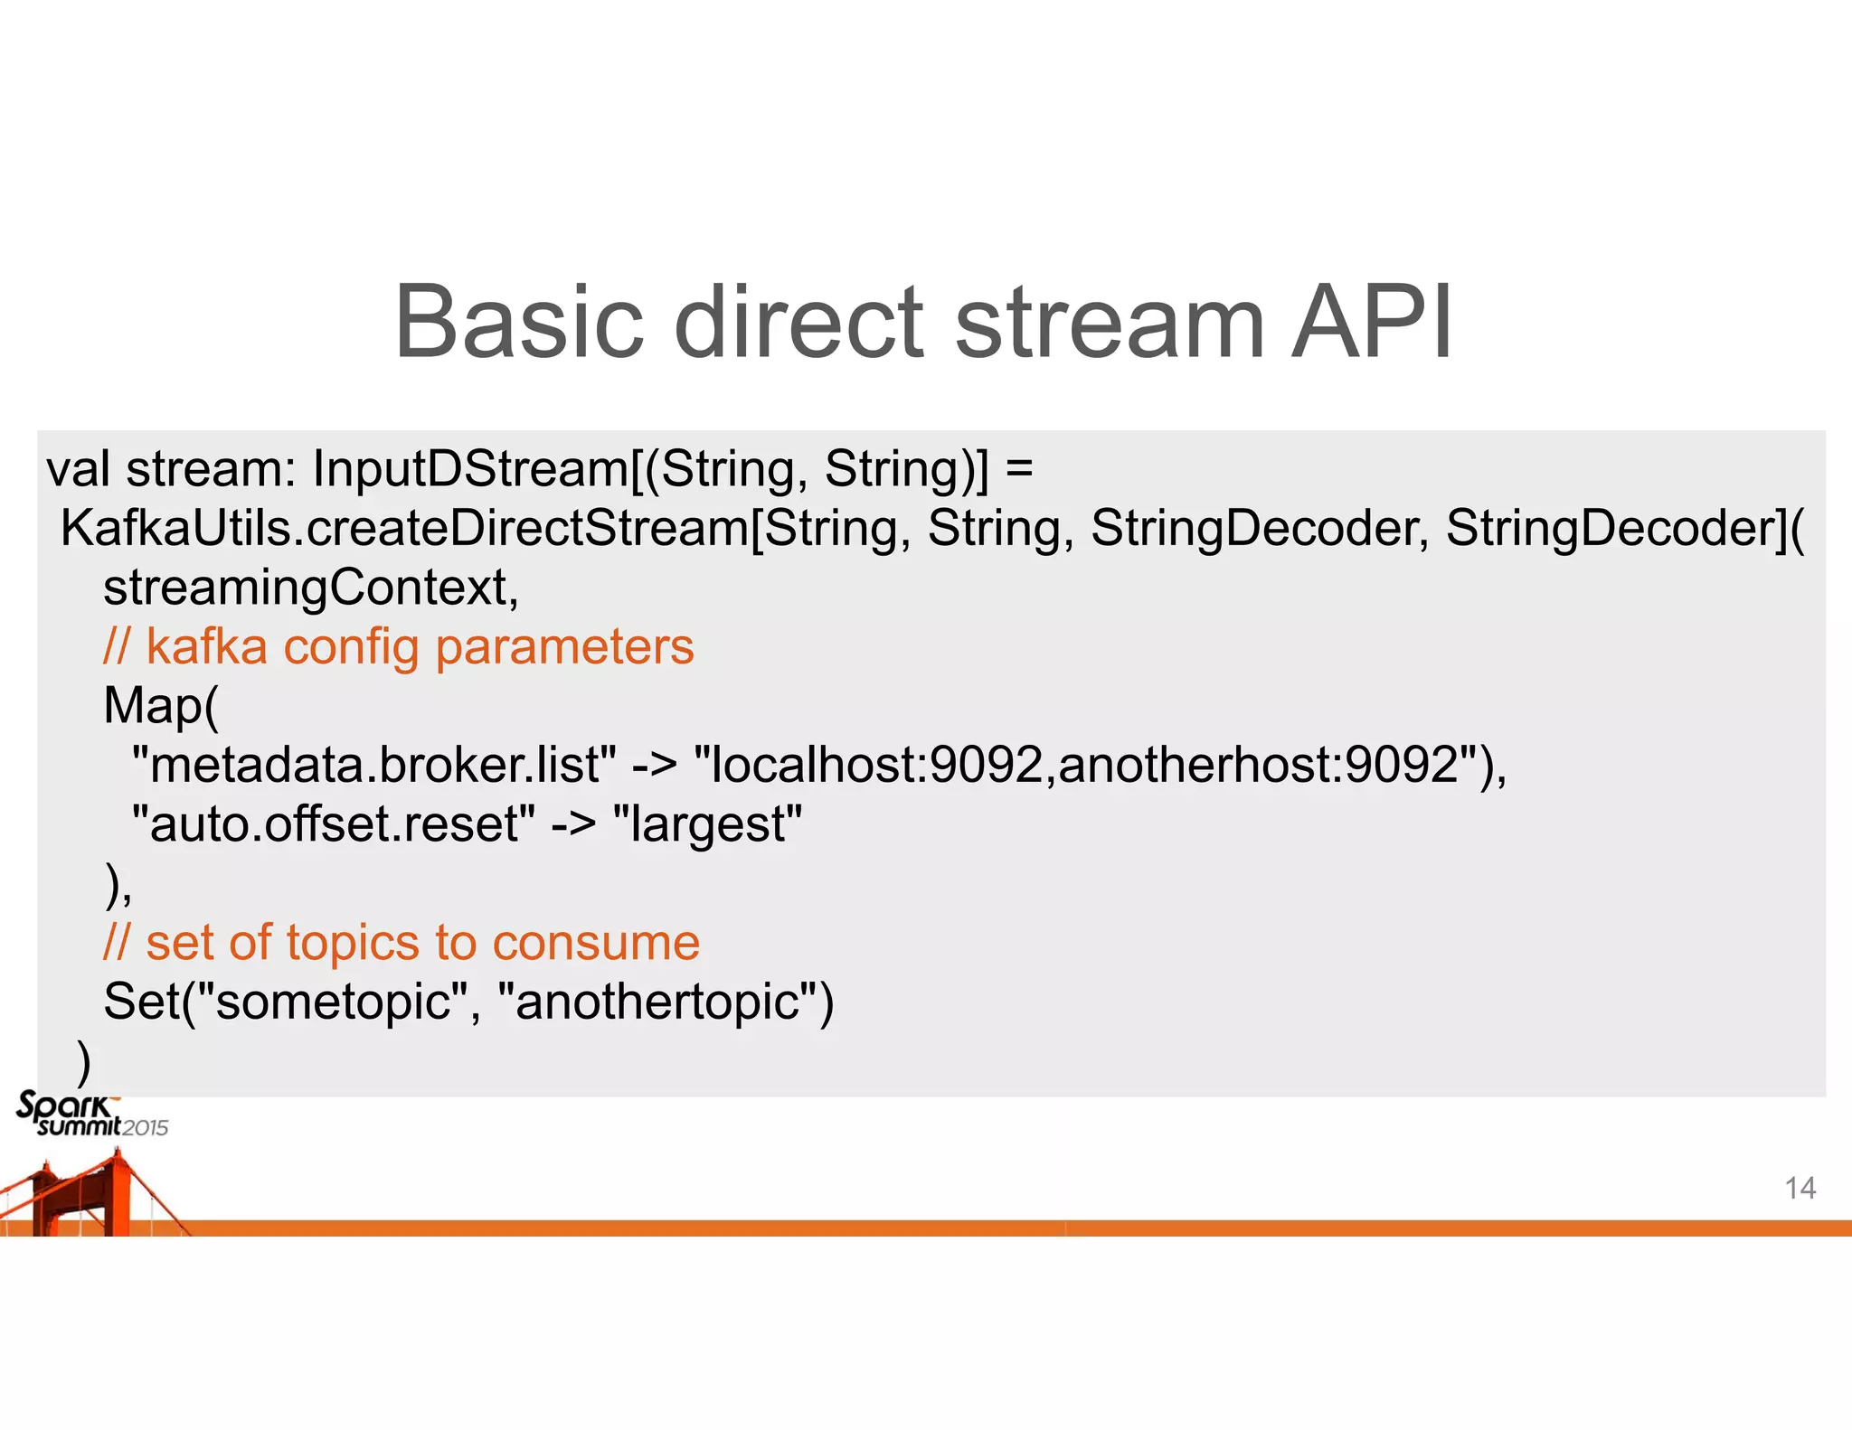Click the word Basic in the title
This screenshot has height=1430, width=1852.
[519, 323]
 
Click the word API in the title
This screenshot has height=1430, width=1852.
[1371, 323]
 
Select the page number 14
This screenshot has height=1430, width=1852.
[1800, 1188]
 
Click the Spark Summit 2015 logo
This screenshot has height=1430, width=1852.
[90, 1115]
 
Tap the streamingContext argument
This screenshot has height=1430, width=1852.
[310, 588]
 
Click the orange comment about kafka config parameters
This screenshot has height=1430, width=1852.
[398, 647]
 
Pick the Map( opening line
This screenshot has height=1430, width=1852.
[161, 706]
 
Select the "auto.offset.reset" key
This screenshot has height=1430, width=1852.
[333, 824]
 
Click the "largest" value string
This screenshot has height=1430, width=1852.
[707, 824]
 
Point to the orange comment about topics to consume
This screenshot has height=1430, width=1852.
[402, 943]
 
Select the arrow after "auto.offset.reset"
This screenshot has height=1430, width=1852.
[573, 824]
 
